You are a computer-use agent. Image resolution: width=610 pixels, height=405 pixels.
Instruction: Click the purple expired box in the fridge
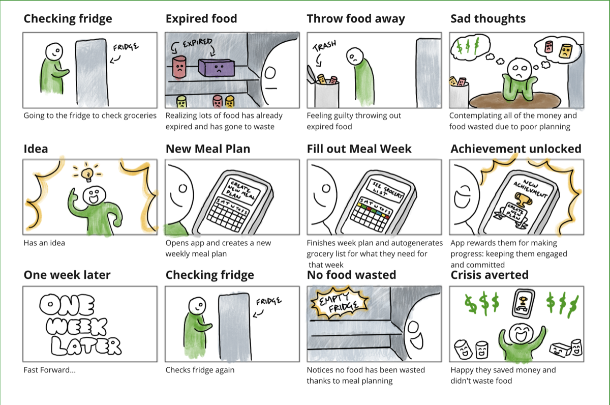point(217,67)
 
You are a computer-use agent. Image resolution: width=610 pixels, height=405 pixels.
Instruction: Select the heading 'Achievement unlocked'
point(516,149)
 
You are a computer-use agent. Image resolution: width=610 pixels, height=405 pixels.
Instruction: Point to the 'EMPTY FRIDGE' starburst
point(340,302)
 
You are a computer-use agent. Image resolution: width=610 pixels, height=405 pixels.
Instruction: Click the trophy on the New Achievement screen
point(523,199)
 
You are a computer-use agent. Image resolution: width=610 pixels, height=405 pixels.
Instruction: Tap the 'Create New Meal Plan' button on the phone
point(241,190)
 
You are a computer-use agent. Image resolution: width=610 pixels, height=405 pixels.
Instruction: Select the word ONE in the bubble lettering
point(67,305)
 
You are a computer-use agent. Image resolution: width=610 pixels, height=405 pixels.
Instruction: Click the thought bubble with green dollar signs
point(470,47)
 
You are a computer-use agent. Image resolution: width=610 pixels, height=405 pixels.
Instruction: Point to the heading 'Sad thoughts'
point(488,18)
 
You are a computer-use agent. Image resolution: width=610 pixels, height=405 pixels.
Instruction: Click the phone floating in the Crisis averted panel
point(523,303)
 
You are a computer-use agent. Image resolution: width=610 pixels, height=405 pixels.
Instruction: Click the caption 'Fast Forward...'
point(50,370)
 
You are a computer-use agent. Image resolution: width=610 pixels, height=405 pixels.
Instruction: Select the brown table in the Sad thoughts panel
point(514,100)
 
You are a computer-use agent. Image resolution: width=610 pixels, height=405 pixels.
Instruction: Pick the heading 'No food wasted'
point(351,275)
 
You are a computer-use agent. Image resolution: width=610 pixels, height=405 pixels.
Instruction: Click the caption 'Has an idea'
point(44,243)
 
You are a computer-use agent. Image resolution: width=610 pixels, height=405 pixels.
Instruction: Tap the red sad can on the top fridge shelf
point(179,67)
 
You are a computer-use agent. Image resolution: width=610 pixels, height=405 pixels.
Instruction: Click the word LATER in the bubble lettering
point(86,345)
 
